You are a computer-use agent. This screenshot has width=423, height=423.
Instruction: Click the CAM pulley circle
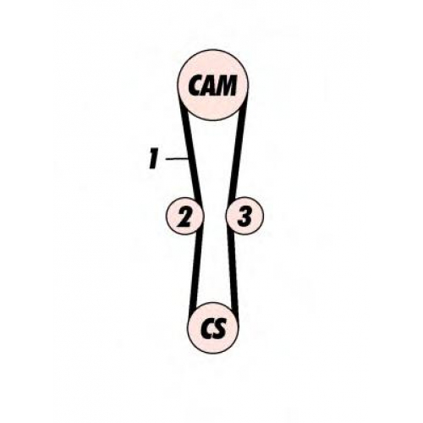click(212, 85)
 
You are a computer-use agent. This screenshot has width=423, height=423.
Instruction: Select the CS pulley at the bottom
click(213, 327)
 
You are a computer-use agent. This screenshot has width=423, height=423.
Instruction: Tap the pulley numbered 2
click(184, 216)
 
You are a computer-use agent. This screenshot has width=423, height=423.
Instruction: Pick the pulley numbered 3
click(244, 216)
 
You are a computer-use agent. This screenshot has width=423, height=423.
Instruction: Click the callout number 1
click(153, 159)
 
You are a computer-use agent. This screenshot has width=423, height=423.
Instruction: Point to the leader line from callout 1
click(177, 159)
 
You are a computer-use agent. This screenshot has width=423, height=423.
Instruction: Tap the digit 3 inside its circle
click(244, 217)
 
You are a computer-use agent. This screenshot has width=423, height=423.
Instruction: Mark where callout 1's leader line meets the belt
click(188, 159)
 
